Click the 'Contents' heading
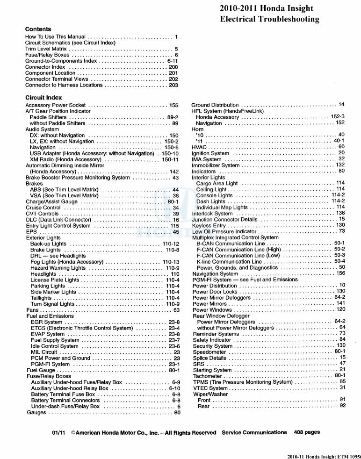point(38,29)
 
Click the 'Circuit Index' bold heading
point(43,98)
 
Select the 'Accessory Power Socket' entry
point(55,106)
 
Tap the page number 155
point(173,106)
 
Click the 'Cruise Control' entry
point(43,208)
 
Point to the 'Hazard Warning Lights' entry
point(58,268)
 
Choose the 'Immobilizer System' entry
point(216,165)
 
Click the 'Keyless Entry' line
point(209,225)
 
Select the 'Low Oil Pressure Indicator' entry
point(224,231)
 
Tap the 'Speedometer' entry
point(209,352)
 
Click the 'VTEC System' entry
point(210,388)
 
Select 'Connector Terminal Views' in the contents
point(57,79)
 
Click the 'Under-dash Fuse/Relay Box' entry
point(65,406)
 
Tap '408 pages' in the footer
point(307,432)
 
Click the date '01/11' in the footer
point(59,433)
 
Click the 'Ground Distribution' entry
point(215,105)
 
